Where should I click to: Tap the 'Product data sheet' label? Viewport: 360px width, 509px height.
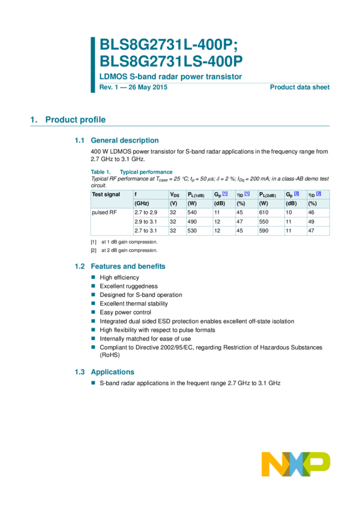[300, 87]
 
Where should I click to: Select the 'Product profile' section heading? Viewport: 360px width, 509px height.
[75, 120]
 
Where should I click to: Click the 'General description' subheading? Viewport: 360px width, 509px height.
[124, 140]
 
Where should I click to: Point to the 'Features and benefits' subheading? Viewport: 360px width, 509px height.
[128, 266]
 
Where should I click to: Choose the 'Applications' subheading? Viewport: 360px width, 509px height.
[112, 372]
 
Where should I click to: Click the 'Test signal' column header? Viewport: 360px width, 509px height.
[105, 195]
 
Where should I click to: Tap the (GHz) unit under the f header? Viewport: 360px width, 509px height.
[141, 204]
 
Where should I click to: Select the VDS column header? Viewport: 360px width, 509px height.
[175, 195]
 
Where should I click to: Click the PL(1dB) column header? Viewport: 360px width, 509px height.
[196, 195]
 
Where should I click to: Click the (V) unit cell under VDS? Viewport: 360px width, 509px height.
[174, 204]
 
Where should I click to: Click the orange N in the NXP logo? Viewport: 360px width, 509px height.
[273, 464]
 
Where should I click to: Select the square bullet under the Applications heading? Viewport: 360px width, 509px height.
[93, 381]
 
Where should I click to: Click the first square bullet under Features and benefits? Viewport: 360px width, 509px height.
[93, 277]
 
